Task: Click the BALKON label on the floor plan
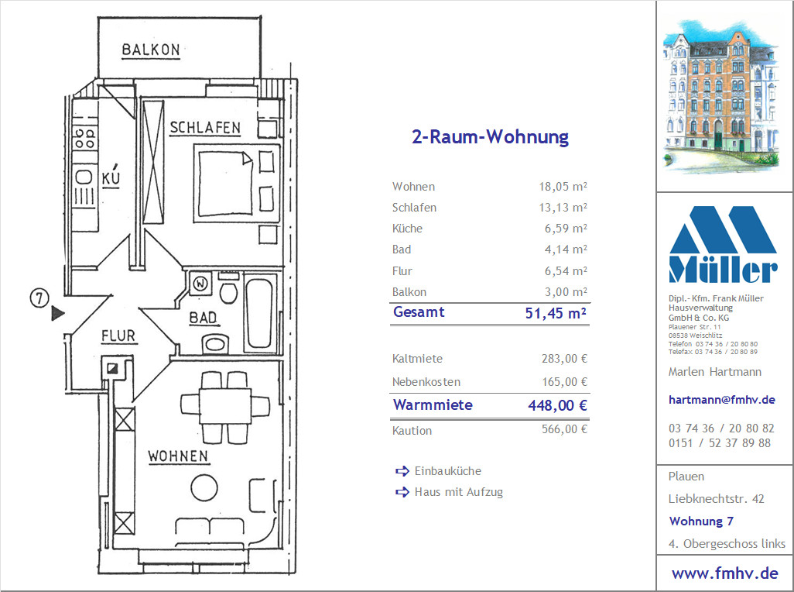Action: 151,50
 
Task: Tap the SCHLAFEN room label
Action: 205,128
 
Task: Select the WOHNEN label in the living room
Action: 178,456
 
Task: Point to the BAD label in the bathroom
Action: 203,318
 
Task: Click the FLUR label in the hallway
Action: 118,336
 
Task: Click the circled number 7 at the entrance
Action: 39,298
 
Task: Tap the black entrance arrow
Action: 58,313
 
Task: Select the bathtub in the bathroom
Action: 260,314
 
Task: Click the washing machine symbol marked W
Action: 200,284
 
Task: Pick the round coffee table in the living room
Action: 204,488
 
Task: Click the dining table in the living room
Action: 225,406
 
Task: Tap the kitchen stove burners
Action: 84,139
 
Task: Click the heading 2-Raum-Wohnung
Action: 490,137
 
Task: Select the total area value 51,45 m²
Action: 556,313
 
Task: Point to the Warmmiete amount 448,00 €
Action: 557,405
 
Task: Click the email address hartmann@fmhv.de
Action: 721,399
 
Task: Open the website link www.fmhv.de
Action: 724,573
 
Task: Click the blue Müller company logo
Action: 723,244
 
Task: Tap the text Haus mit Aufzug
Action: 459,491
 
